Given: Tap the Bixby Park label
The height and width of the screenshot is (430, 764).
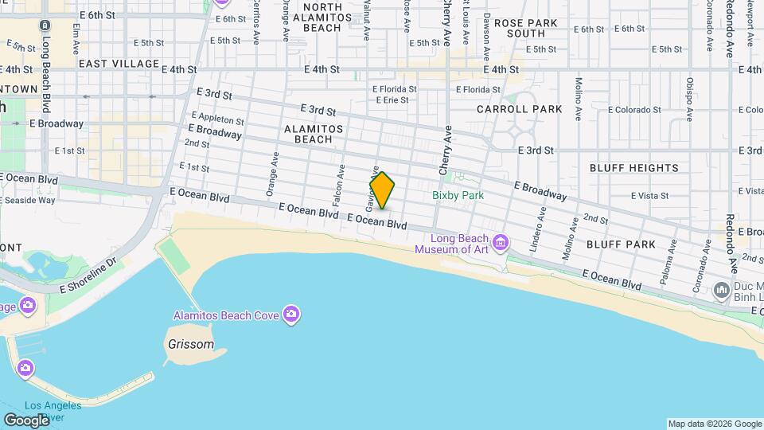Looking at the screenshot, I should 458,195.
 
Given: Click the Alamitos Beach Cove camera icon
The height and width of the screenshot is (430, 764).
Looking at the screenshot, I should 291,315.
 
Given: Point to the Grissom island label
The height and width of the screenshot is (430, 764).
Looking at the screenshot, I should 191,345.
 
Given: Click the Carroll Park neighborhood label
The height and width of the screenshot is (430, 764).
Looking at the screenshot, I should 519,109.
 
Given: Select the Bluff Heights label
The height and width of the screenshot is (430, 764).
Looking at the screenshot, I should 634,168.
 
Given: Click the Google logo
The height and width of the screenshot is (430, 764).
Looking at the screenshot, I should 26,420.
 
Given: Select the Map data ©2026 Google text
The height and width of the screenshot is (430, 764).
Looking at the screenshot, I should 715,424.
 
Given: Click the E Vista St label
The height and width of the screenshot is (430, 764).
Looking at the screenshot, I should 649,195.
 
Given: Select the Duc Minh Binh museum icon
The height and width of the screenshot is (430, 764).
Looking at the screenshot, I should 723,289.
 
